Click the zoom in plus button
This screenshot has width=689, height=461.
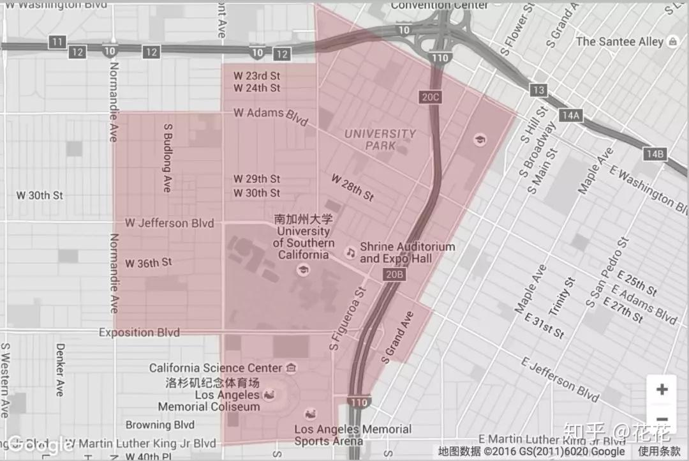(x=662, y=389)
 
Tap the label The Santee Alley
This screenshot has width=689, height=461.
(x=619, y=42)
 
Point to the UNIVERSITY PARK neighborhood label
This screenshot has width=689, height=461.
(x=380, y=139)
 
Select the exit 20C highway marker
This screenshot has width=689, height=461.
(x=431, y=97)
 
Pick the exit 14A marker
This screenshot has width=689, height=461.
(x=570, y=116)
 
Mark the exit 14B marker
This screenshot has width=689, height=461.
(x=655, y=154)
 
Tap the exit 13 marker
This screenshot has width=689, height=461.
(x=539, y=90)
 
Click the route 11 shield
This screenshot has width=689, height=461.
(x=58, y=42)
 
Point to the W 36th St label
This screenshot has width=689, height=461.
(x=149, y=263)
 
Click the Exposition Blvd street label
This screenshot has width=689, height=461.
(x=139, y=333)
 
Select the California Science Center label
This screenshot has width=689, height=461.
(x=215, y=368)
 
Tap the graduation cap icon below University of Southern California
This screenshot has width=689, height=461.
(x=302, y=271)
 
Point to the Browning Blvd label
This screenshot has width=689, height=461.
(x=159, y=425)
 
